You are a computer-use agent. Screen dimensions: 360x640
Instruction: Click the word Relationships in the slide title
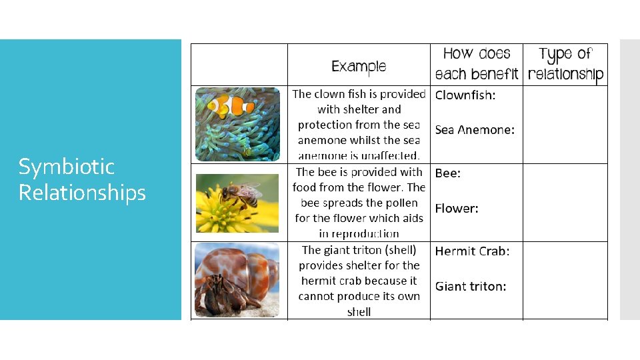(x=82, y=193)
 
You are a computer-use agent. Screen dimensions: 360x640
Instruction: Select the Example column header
(x=359, y=66)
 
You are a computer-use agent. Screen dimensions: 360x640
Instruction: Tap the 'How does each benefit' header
(x=476, y=64)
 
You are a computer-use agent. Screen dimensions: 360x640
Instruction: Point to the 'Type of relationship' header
(x=565, y=64)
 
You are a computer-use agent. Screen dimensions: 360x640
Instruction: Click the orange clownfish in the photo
(x=230, y=105)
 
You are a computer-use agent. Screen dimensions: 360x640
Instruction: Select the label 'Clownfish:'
(x=465, y=95)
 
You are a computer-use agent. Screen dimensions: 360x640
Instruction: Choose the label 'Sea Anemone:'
(x=475, y=130)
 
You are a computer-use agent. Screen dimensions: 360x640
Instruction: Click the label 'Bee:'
(x=448, y=173)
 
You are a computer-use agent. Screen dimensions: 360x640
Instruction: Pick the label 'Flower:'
(x=457, y=208)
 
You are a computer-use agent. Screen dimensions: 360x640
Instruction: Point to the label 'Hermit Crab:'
(x=472, y=251)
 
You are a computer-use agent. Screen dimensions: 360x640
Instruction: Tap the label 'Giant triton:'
(x=471, y=287)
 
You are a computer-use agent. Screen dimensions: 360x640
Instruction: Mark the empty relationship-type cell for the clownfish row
(x=565, y=125)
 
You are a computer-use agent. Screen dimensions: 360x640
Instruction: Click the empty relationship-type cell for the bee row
(x=565, y=202)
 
